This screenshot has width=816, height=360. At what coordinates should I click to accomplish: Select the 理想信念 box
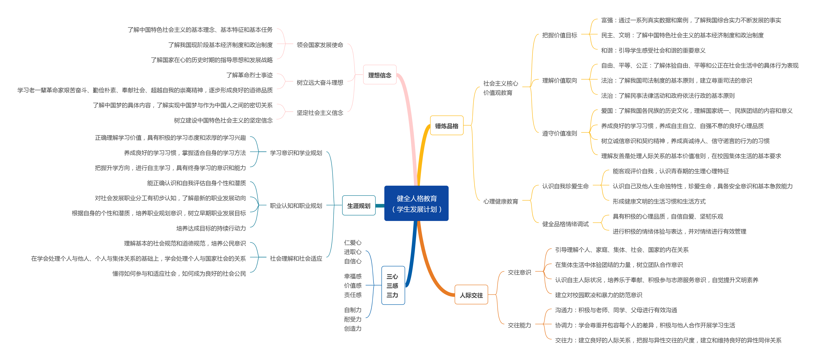[379, 75]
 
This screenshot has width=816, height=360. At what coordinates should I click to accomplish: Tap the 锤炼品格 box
[447, 126]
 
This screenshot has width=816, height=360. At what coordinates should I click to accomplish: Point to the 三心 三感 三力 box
[393, 286]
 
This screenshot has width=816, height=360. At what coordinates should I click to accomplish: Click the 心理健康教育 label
[501, 201]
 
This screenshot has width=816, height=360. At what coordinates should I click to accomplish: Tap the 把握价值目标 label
[559, 35]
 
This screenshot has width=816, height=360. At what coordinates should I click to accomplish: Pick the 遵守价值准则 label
[559, 133]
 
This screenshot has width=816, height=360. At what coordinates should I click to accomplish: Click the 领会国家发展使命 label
[320, 45]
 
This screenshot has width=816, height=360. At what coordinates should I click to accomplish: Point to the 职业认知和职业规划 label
[296, 206]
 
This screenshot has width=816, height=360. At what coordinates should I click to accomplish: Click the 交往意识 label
[519, 272]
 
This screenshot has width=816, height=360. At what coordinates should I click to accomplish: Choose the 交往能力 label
[519, 325]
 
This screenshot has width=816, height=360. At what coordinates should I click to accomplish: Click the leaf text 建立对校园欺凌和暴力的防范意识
[598, 295]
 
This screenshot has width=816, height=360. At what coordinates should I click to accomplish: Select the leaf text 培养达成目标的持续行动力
[211, 228]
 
